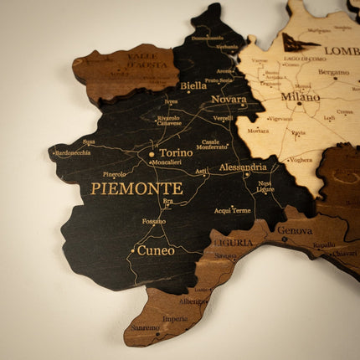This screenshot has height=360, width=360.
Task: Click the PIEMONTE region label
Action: [136, 188]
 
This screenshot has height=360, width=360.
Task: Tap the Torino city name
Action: [176, 153]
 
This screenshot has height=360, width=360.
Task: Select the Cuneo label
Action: [156, 249]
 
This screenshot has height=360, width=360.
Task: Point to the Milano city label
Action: [301, 97]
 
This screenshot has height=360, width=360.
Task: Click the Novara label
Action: [229, 100]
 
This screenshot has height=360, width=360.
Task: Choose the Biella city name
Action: [193, 85]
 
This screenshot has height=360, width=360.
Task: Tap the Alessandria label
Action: [243, 167]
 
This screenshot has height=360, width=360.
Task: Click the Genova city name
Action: [295, 229]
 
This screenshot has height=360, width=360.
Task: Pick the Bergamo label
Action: [334, 73]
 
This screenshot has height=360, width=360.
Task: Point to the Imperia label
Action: [175, 318]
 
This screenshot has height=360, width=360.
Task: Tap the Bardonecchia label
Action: [74, 152]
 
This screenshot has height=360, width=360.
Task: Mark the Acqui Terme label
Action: [234, 209]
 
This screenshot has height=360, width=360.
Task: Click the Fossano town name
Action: [154, 221]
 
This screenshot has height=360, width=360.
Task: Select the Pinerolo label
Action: [115, 174]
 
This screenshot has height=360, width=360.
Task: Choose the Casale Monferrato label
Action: [212, 144]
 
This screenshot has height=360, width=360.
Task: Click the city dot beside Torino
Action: [152, 154]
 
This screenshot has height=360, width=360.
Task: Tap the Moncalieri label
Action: [167, 162]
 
